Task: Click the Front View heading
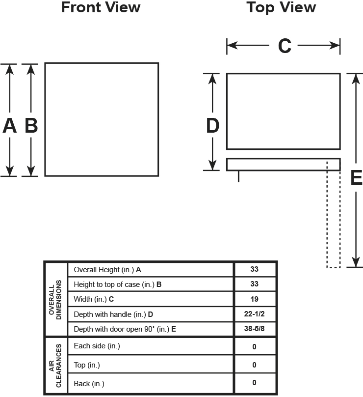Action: (x=101, y=8)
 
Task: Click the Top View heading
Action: (x=281, y=8)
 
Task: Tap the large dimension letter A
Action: (x=10, y=126)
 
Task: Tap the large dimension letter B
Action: (x=31, y=126)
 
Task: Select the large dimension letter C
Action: (x=285, y=46)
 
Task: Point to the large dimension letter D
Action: (x=212, y=126)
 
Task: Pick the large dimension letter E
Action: (x=356, y=177)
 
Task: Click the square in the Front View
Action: (x=102, y=119)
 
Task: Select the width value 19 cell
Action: (x=254, y=299)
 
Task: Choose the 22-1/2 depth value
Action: (x=254, y=313)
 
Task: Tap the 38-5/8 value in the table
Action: (x=254, y=329)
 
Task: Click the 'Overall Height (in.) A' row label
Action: (x=107, y=270)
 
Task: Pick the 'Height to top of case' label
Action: (x=118, y=284)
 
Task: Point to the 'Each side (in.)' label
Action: (x=97, y=346)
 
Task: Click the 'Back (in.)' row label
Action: (x=89, y=383)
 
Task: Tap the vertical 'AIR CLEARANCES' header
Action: (x=56, y=366)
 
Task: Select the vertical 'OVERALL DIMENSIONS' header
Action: (x=56, y=300)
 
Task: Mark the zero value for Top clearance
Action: (x=254, y=365)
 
